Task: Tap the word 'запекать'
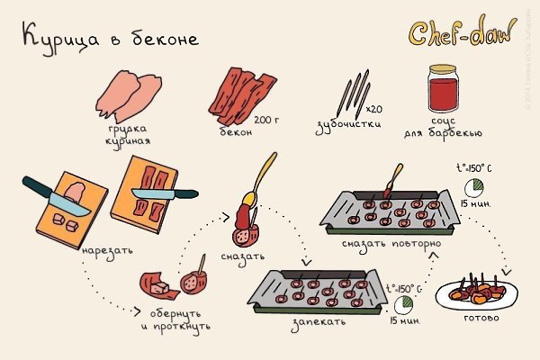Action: pos(310,319)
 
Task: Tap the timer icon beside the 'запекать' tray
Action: pos(403,303)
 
